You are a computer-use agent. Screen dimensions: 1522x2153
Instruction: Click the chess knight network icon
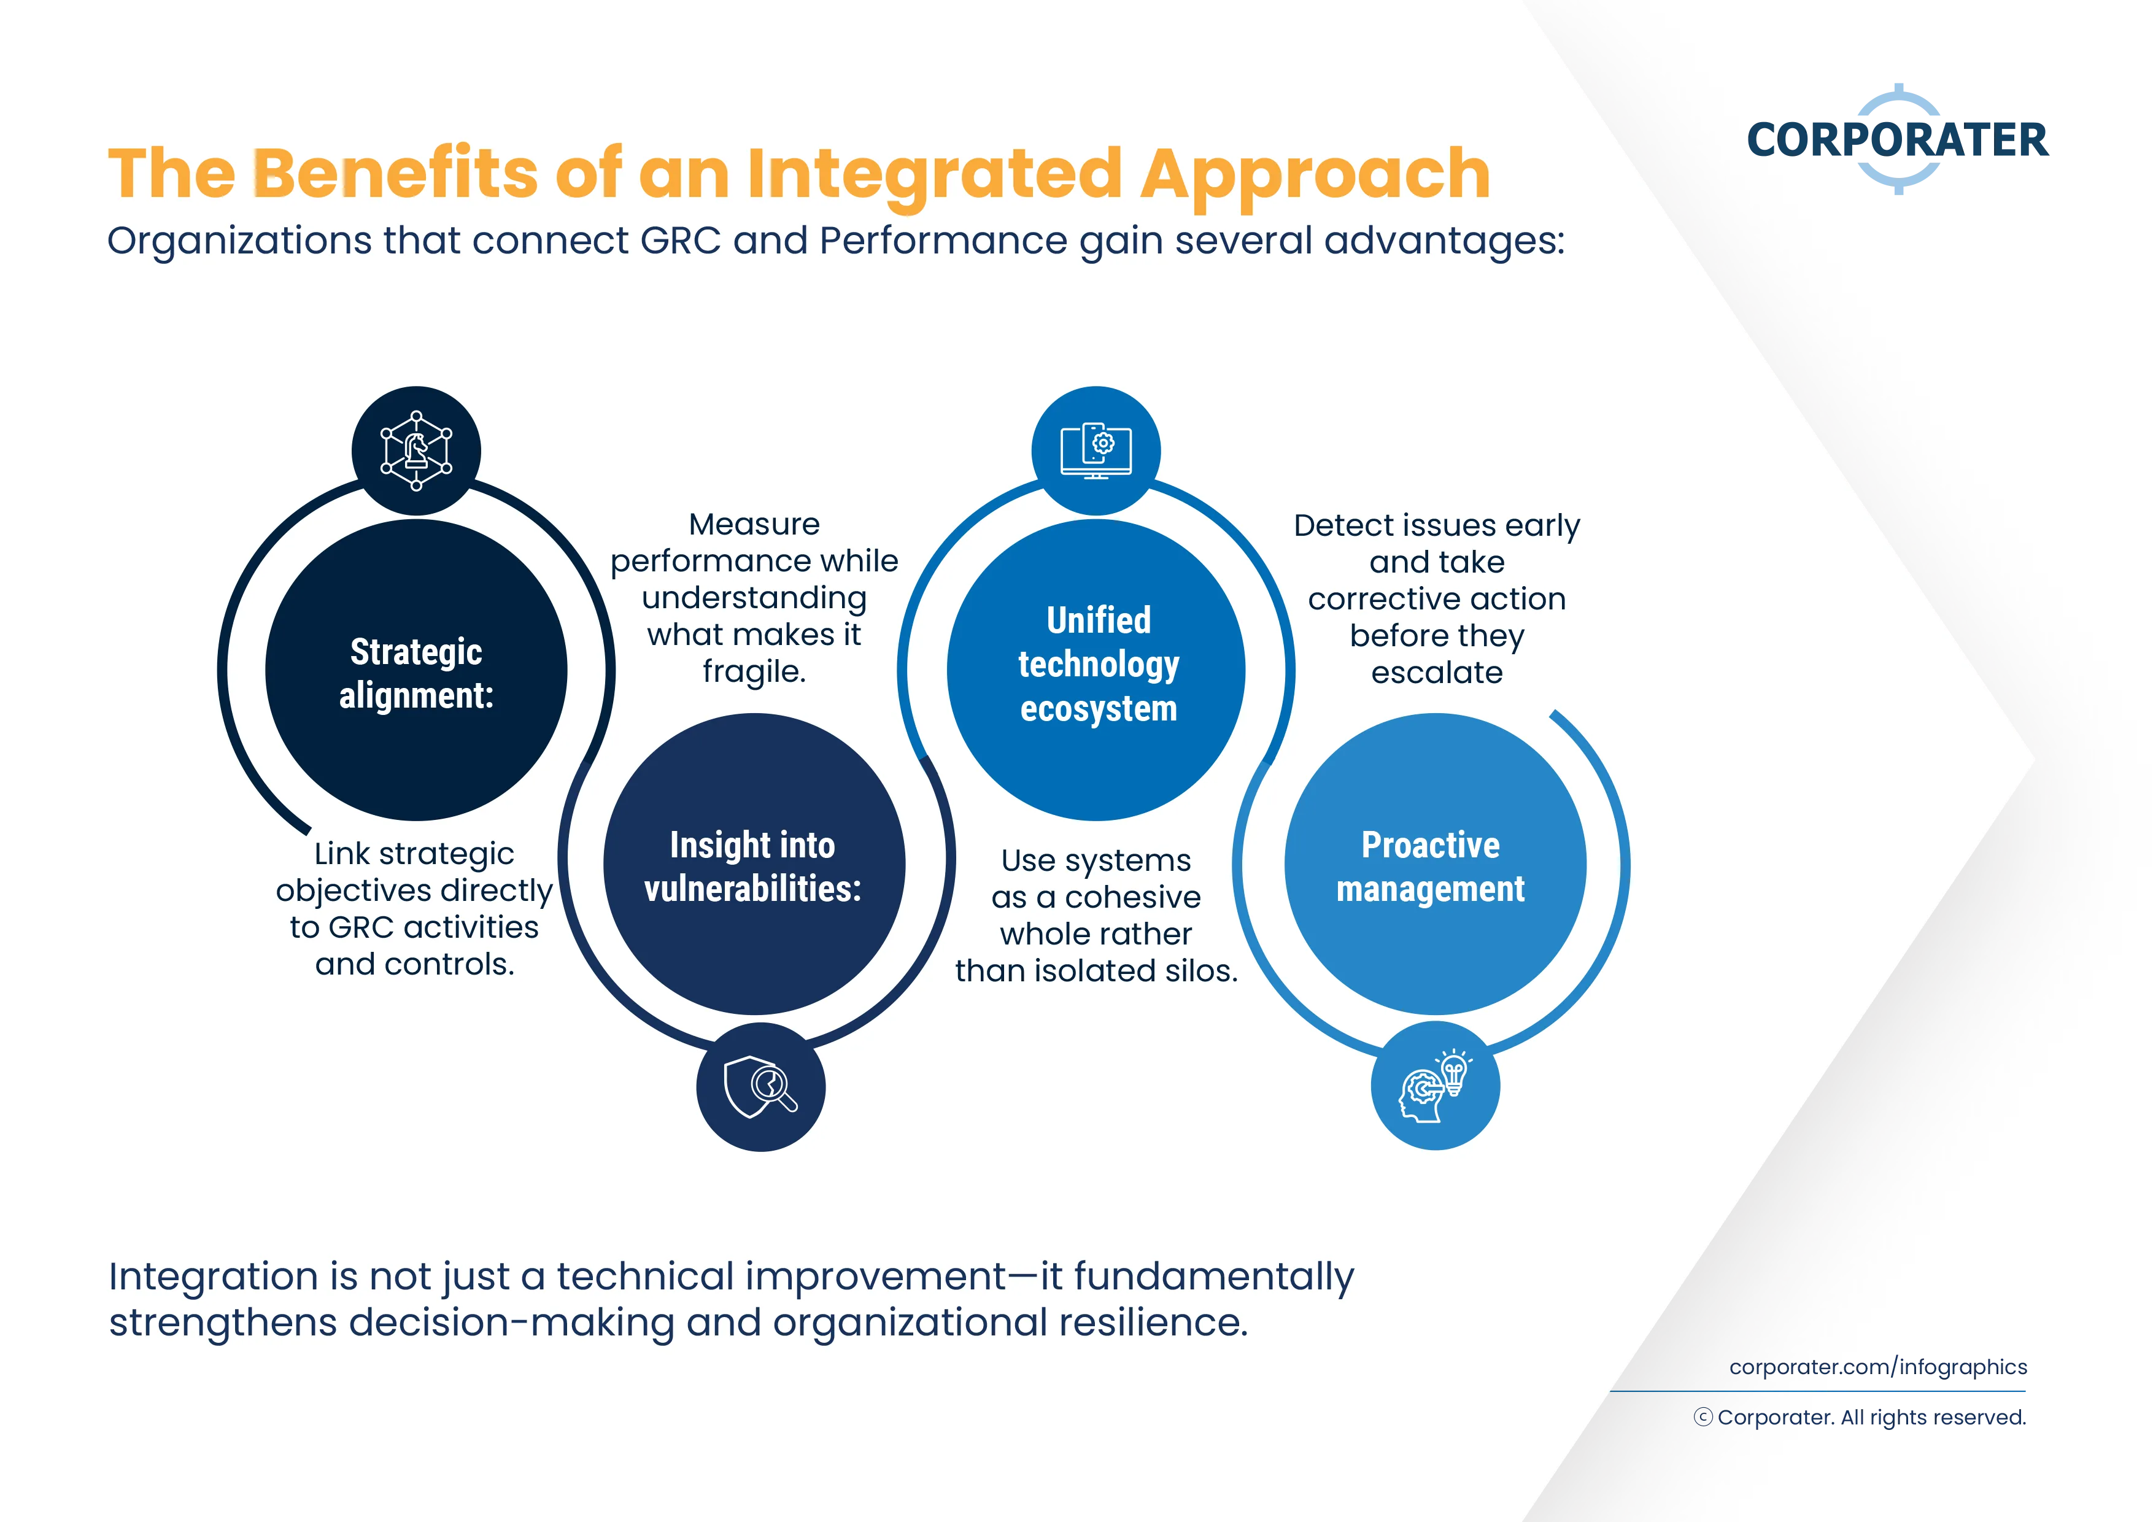(416, 451)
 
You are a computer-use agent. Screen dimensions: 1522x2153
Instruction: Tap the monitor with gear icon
(1096, 451)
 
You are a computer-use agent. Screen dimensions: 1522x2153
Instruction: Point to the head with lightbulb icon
(1435, 1086)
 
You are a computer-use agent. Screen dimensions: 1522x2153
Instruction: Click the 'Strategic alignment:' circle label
(416, 673)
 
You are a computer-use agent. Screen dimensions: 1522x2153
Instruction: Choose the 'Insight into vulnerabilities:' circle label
(753, 867)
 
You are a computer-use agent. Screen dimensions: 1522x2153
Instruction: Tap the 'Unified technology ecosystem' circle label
(1098, 664)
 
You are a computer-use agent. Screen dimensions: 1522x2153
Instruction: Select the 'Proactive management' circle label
(1431, 867)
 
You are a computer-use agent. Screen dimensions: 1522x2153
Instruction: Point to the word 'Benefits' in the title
(395, 174)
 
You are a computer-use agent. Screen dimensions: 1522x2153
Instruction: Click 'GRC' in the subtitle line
(681, 241)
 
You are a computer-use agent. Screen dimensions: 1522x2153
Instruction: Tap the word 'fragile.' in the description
(754, 671)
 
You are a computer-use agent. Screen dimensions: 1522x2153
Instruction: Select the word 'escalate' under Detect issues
(1437, 673)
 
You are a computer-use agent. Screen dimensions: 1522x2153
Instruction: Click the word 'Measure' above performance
(754, 524)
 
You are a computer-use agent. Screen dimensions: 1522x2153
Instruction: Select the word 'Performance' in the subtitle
(943, 241)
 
